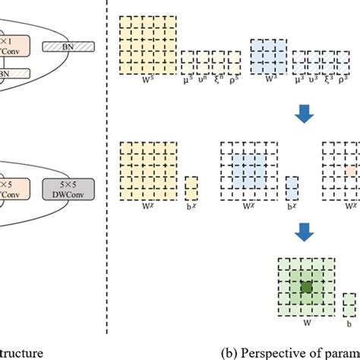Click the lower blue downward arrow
coord(306,228)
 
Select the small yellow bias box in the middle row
coord(191,188)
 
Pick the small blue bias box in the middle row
coord(292,188)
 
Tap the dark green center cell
coord(306,287)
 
